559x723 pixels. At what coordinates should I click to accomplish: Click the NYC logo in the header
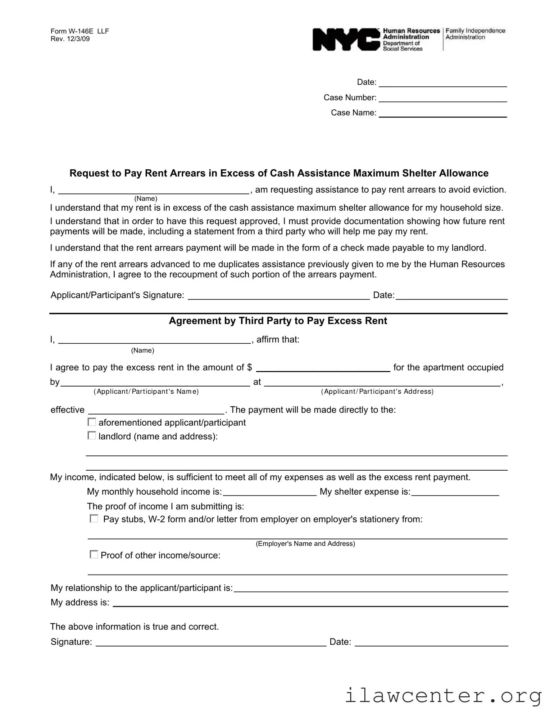coord(345,40)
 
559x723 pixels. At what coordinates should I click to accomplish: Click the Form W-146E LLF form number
coord(79,31)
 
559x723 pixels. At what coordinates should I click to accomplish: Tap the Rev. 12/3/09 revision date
coord(70,39)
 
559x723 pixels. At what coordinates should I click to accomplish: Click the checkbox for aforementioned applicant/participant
coord(92,422)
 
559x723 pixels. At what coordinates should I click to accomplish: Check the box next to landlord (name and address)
coord(92,436)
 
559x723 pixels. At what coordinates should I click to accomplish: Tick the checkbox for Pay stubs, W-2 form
coord(94,518)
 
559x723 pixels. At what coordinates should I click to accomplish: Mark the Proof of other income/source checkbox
coord(94,554)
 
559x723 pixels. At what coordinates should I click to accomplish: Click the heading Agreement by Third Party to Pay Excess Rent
coord(278,321)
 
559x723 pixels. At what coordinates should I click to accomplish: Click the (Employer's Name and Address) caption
coord(305,544)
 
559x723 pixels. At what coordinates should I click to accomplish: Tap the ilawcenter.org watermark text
coord(443,695)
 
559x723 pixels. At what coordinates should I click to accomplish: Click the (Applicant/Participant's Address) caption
coord(377,391)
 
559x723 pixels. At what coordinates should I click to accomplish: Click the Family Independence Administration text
coord(475,34)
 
